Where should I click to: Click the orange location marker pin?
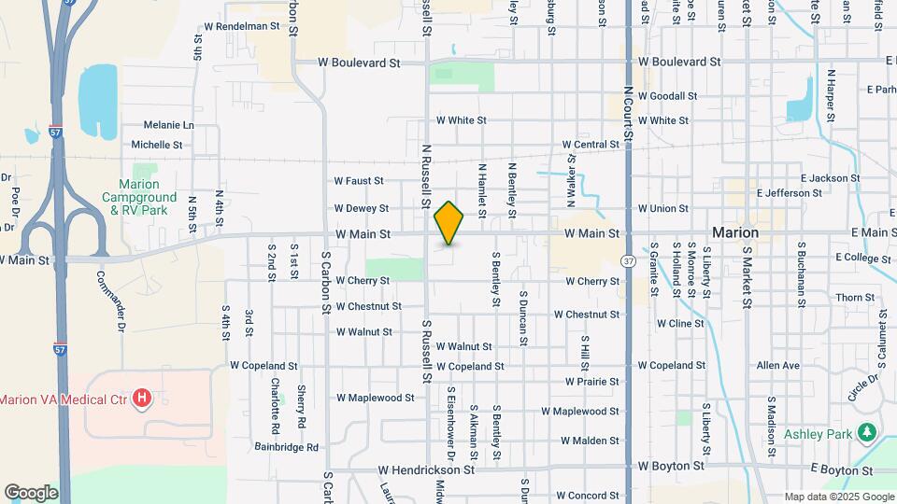449,223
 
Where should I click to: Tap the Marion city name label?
734,231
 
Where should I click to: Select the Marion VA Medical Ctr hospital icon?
142,399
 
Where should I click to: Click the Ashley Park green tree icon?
867,432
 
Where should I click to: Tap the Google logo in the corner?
31,492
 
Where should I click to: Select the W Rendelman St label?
248,26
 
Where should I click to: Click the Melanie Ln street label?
169,125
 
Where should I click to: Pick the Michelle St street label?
157,145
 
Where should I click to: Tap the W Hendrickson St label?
426,470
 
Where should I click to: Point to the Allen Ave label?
778,366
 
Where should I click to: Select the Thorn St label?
855,298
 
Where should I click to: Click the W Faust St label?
359,180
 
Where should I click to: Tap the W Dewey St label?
362,208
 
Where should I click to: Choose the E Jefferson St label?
790,193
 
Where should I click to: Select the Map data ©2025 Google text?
839,497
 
